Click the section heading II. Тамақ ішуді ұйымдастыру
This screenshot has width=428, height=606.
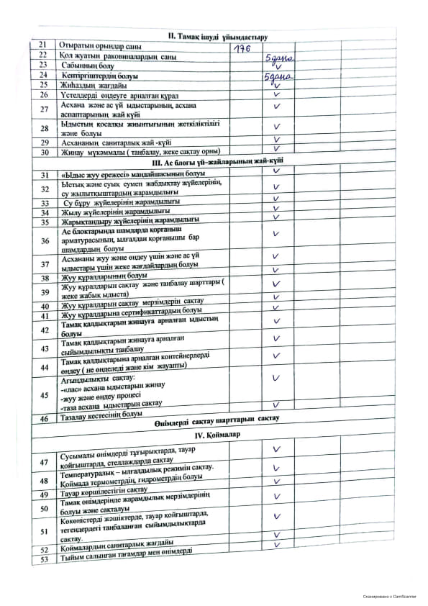[217, 36]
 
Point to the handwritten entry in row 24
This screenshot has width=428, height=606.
[278, 77]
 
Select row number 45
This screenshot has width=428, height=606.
[45, 394]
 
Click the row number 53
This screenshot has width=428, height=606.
[45, 558]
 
